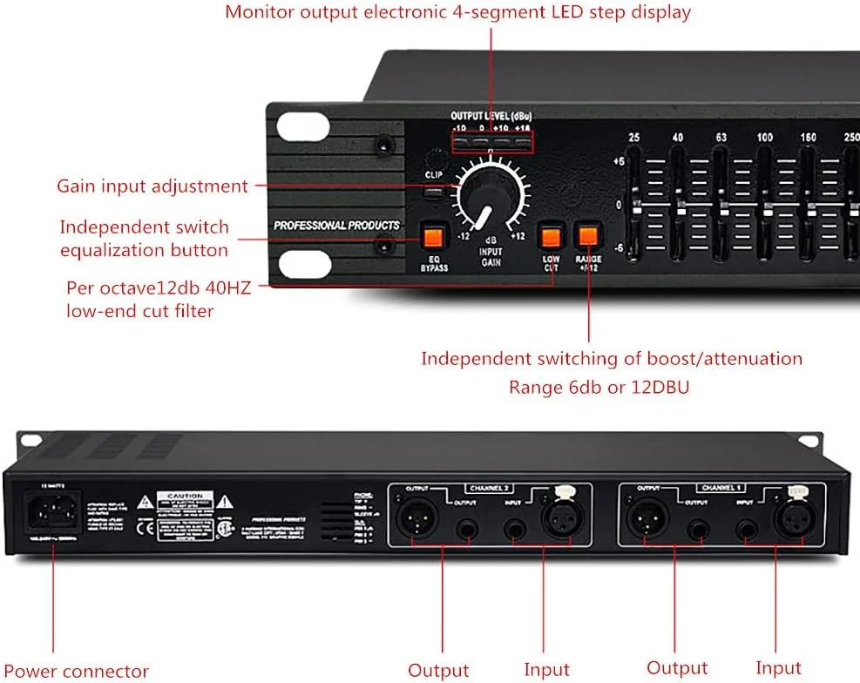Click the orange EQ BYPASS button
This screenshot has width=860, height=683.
433,236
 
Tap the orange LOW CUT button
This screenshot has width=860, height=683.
550,236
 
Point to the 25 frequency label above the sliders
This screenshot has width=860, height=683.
634,138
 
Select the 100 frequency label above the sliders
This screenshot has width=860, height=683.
764,138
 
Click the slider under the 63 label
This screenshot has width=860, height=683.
721,206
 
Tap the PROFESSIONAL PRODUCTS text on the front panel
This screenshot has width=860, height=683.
336,226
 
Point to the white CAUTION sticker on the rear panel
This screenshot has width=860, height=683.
185,516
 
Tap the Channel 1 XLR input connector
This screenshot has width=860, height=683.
789,520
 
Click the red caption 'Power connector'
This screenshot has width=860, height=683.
75,671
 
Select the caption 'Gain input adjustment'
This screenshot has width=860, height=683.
152,186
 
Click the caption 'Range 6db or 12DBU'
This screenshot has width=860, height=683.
599,387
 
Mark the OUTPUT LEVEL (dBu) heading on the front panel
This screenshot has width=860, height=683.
491,116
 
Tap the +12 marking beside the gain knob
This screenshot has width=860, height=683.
517,236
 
